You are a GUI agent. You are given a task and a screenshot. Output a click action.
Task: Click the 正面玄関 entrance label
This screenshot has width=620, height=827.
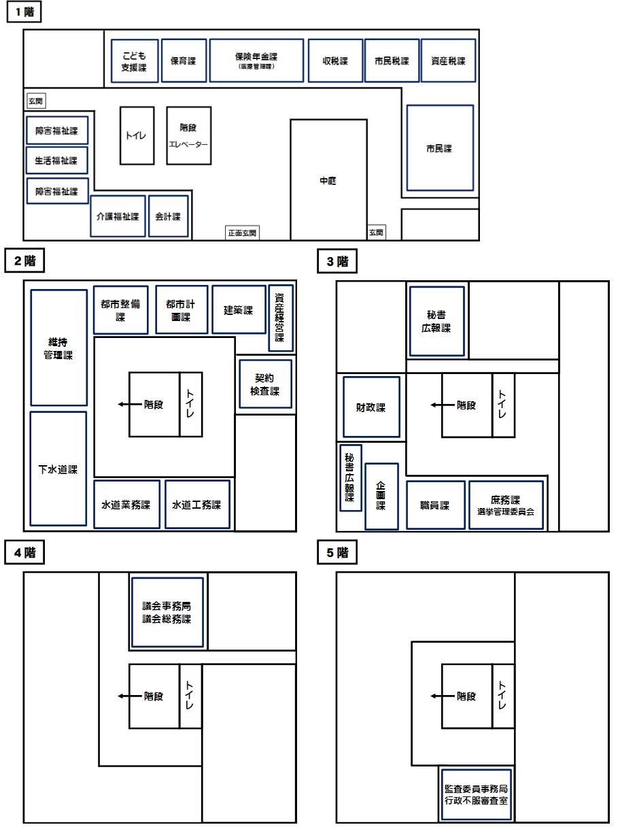[242, 233]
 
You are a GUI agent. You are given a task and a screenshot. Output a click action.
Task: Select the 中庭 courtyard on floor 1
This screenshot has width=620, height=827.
[328, 180]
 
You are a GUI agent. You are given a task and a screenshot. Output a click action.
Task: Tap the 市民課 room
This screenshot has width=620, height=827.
[440, 148]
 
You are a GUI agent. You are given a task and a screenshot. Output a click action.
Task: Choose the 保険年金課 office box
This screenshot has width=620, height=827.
[256, 61]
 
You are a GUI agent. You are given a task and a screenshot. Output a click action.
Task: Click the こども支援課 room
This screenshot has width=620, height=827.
[135, 61]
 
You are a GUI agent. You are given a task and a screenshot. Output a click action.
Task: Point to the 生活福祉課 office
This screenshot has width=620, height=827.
[57, 161]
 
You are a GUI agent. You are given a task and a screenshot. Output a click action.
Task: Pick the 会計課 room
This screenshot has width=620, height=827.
[169, 216]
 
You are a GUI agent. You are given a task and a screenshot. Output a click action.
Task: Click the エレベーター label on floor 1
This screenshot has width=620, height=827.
[188, 144]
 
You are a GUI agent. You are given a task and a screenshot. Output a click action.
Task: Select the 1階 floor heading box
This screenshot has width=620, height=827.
[24, 12]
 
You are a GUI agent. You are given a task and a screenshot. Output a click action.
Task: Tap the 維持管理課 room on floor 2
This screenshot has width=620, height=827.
[58, 348]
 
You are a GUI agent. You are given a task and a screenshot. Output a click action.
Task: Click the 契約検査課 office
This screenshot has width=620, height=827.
[265, 384]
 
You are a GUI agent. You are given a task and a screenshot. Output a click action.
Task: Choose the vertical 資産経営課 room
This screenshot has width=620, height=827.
[281, 318]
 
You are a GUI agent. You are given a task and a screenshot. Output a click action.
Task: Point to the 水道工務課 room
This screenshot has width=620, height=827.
[197, 505]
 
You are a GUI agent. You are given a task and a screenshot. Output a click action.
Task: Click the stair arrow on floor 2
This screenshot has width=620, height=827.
[130, 404]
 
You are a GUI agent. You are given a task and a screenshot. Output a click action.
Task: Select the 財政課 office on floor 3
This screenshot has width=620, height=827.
[371, 407]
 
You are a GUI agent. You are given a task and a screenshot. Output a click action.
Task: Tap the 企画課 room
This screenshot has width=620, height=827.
[381, 496]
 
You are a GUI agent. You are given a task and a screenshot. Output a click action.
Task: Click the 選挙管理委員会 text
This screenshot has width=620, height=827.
[506, 511]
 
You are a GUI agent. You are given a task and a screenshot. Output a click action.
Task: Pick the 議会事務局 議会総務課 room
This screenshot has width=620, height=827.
[167, 612]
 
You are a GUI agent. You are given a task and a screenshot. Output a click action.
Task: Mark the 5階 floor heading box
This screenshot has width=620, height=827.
[337, 552]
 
